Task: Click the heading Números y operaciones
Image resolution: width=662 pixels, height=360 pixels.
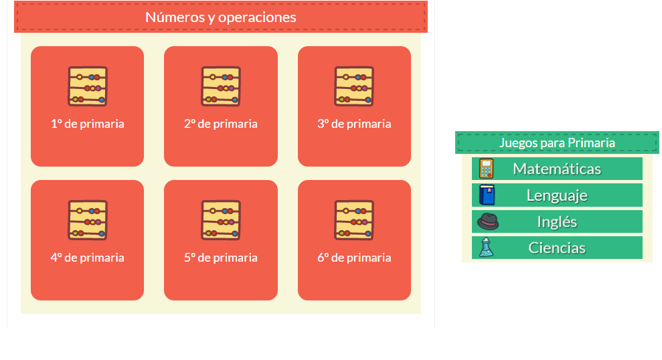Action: (220, 17)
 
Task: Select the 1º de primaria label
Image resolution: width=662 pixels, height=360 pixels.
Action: (87, 124)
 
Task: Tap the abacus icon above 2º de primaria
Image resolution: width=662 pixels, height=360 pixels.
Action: (221, 86)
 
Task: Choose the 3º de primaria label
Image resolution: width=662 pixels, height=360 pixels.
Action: (354, 124)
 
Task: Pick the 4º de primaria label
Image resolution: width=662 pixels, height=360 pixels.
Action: (87, 258)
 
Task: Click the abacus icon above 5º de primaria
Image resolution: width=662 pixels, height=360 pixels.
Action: (221, 220)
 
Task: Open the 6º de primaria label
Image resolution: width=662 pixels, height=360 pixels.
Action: (354, 258)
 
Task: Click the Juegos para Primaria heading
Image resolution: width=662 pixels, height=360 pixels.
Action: (557, 143)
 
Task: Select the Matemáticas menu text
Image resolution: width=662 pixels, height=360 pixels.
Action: (557, 169)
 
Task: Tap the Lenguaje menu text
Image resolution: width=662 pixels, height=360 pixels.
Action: (557, 195)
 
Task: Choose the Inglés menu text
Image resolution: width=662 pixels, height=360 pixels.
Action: (557, 221)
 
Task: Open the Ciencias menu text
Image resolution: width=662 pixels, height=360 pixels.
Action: (557, 248)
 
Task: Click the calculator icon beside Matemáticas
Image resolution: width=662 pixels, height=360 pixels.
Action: (487, 169)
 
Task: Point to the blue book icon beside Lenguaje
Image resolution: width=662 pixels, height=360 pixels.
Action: (487, 195)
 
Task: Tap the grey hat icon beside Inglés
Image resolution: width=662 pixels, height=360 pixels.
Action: (488, 221)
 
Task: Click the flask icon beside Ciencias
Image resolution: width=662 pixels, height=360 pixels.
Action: (487, 248)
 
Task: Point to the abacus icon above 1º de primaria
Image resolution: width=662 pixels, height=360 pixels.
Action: (87, 86)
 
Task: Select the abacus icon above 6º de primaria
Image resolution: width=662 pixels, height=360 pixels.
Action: (354, 220)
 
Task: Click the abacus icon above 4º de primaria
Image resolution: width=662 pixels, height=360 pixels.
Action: (87, 220)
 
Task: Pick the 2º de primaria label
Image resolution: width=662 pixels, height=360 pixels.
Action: (221, 124)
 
